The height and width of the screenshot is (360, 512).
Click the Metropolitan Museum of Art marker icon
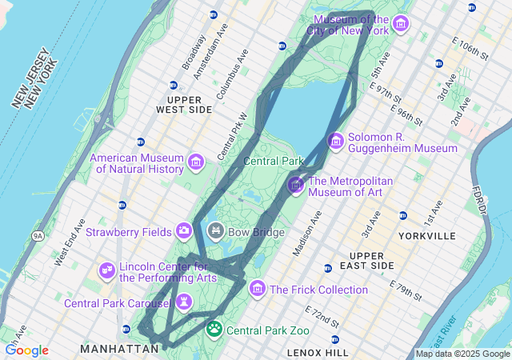coord(296,186)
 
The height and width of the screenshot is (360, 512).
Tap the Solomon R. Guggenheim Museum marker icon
coord(336,142)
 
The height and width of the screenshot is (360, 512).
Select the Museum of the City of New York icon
coord(400,24)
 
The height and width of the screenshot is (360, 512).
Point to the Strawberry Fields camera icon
coord(184,231)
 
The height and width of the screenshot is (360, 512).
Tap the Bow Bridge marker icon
coord(215,231)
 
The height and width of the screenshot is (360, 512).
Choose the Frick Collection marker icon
coord(258,288)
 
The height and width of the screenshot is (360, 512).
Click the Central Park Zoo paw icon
coord(214,328)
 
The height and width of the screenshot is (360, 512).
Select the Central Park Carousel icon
coord(185,302)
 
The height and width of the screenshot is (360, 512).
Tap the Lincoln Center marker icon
coord(106,271)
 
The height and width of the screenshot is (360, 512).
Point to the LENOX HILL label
coord(318,352)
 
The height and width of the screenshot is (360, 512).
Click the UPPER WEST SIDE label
coord(184,103)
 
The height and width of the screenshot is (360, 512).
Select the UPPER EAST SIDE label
coord(371,259)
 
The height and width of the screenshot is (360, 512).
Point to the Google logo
coord(26,350)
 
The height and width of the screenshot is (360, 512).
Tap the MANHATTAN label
coord(119,350)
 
